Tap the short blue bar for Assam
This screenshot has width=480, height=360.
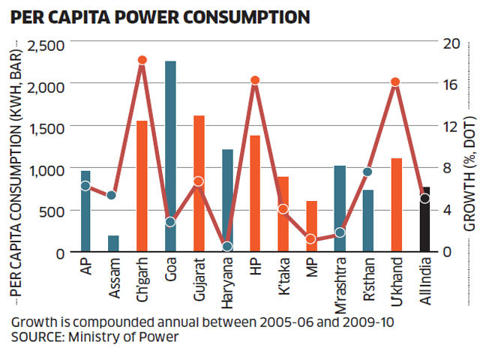pos(113,243)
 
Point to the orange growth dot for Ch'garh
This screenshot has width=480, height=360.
pos(142,60)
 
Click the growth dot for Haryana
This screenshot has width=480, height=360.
pos(227,247)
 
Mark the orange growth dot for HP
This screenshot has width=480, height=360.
pos(255,80)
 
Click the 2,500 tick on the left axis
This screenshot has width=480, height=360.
pos(46,45)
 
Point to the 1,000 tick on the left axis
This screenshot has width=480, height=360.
pos(46,169)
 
